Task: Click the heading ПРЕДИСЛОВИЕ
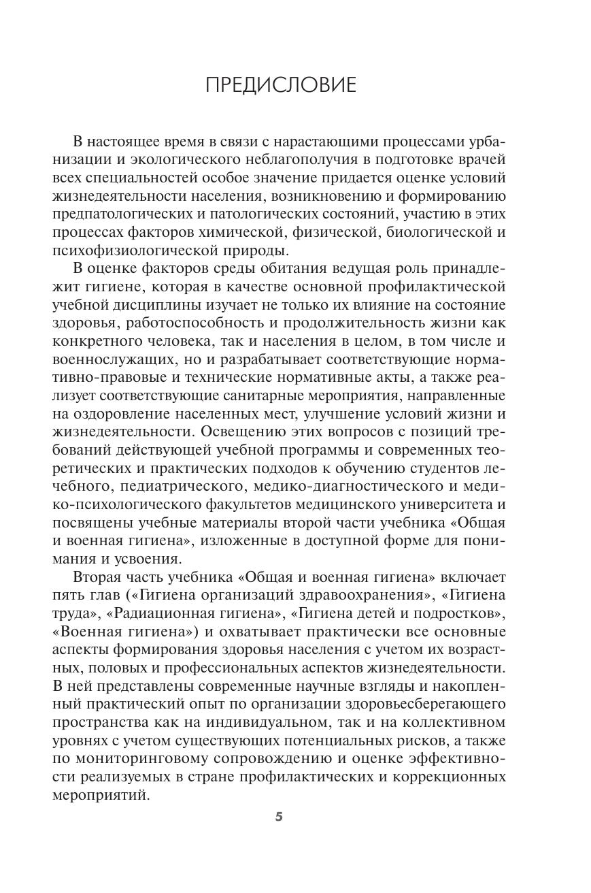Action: click(x=280, y=85)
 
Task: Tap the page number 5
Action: click(x=279, y=817)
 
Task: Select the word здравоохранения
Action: click(x=363, y=596)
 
